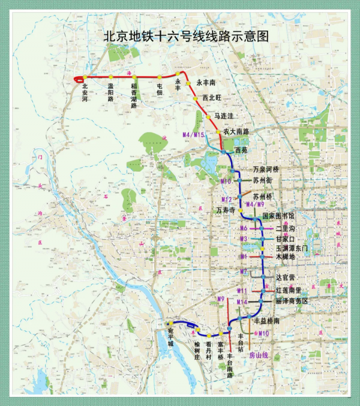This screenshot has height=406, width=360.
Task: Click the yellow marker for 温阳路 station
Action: click(110, 77)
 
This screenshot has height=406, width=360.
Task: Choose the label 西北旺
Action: click(212, 97)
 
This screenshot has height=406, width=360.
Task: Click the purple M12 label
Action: click(226, 199)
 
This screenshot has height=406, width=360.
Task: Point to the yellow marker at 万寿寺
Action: click(241, 211)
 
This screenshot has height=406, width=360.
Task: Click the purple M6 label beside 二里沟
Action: click(244, 228)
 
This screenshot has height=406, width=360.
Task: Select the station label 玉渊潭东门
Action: click(292, 247)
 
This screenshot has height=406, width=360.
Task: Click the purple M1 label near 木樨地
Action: click(244, 256)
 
